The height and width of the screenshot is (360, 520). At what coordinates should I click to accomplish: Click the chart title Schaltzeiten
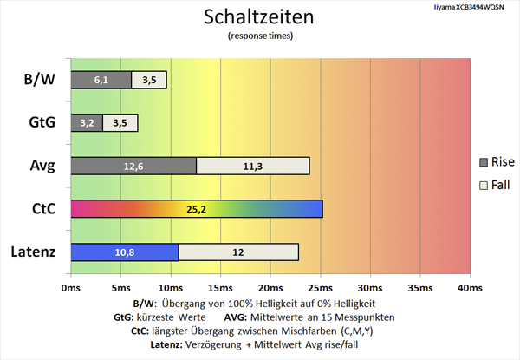259,16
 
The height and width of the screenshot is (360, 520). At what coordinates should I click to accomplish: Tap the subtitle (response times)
259,36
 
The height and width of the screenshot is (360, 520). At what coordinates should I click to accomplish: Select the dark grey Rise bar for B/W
101,80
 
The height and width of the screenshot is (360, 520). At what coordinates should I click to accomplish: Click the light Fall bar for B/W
149,80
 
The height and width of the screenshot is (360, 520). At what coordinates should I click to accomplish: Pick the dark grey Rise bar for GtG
86,122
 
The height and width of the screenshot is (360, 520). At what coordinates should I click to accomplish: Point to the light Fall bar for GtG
120,122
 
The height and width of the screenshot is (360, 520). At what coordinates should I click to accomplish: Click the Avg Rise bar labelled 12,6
133,166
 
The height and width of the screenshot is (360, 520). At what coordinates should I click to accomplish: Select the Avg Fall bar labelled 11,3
253,166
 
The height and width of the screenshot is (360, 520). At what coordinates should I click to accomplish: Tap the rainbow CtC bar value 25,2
196,209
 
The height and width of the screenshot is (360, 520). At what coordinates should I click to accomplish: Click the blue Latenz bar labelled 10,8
124,252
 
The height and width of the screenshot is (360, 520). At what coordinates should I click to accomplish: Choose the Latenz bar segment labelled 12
238,252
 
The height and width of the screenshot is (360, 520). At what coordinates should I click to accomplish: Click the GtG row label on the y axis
39,122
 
